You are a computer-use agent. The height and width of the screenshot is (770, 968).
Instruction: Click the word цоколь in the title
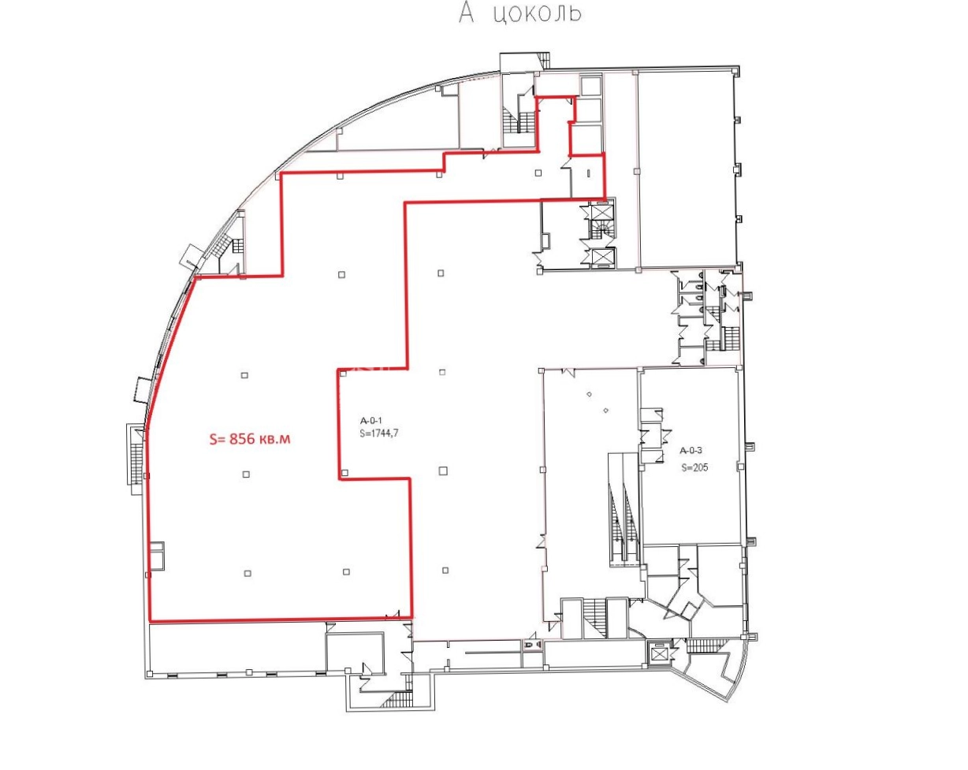pos(537,13)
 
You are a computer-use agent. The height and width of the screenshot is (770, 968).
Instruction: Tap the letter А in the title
pos(467,13)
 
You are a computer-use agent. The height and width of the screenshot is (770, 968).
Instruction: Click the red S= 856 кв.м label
pos(250,438)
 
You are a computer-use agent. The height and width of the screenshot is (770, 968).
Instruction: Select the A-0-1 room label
pos(371,421)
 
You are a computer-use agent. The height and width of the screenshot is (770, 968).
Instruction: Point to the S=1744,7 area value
pos(379,433)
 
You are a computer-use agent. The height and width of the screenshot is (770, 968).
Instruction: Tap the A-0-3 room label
pos(691,450)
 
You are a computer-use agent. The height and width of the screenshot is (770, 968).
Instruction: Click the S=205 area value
pos(695,468)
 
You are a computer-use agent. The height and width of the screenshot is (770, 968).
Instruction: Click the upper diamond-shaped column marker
pos(590,394)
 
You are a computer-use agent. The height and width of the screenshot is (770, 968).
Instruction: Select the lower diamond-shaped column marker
pos(606,410)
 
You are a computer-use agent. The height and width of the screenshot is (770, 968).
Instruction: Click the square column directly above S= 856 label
pos(244,375)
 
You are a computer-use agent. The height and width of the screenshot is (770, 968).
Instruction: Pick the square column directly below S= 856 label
pos(246,474)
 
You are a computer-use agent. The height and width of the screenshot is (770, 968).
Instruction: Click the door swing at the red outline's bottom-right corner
pos(393,615)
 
